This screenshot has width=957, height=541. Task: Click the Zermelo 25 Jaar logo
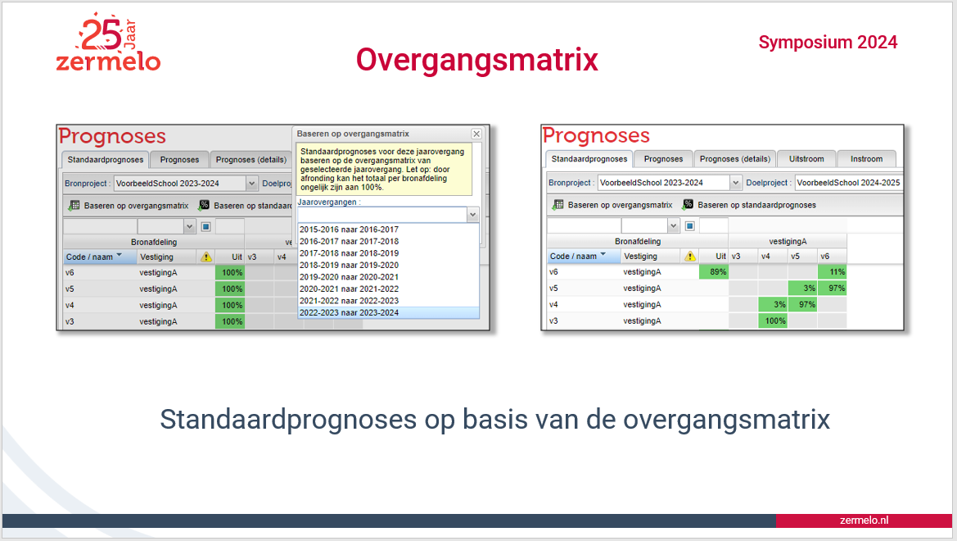[x=108, y=43]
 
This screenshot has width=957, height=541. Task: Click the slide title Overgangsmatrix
[x=477, y=60]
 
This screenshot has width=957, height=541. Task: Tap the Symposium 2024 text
[x=828, y=42]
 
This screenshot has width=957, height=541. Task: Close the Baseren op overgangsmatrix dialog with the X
[x=476, y=134]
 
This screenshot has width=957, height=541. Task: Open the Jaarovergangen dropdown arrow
[x=472, y=215]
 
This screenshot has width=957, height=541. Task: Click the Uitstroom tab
[x=806, y=159]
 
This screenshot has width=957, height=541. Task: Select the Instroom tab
[x=867, y=159]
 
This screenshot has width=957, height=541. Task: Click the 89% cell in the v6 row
[x=714, y=272]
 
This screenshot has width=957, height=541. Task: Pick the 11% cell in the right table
[x=832, y=272]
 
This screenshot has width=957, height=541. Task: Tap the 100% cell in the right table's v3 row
[x=773, y=321]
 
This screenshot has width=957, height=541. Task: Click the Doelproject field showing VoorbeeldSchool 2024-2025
[x=848, y=183]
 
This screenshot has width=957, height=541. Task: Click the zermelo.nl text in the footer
[x=864, y=521]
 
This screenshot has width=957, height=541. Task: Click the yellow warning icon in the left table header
[x=205, y=257]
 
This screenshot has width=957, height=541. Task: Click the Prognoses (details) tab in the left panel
[x=251, y=160]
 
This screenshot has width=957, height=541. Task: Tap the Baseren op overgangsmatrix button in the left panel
[x=129, y=206]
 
